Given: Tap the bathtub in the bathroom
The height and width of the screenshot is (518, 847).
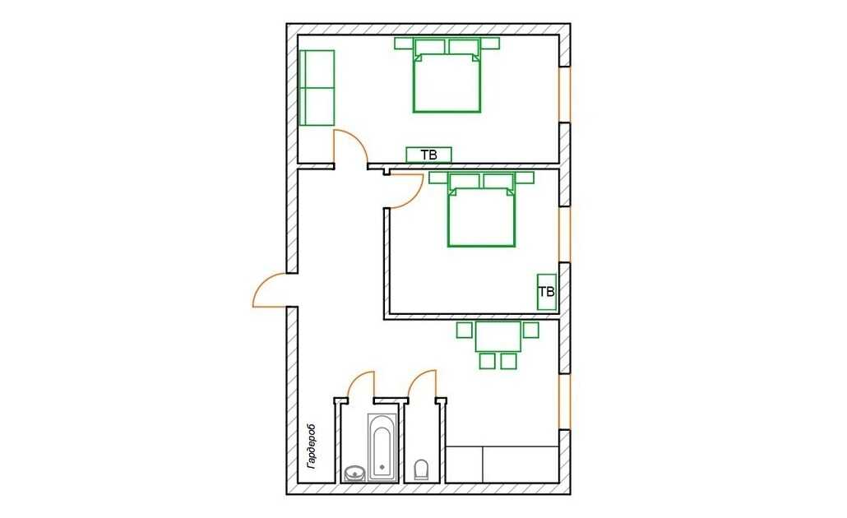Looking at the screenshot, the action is tap(382, 447).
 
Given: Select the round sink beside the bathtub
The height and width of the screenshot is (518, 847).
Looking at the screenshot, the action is tap(354, 473).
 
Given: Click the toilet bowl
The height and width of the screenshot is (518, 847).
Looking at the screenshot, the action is tap(420, 469).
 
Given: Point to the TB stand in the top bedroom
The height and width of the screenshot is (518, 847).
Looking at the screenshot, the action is tap(429, 155).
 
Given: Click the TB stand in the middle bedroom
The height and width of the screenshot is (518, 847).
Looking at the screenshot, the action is tap(547, 292).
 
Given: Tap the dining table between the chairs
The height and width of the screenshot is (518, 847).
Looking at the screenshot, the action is tap(498, 336).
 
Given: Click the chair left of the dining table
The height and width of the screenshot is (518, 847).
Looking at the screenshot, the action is tap(464, 330).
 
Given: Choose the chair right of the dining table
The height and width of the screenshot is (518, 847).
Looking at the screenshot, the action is tap(531, 330).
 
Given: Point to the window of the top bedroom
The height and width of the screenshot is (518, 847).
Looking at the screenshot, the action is tap(564, 95).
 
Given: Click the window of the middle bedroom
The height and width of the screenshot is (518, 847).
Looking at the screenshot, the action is tap(564, 234).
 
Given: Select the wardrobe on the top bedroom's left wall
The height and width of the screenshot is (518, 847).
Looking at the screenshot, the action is tap(317, 88).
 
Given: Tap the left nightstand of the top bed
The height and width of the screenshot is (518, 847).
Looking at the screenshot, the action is tap(404, 44).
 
